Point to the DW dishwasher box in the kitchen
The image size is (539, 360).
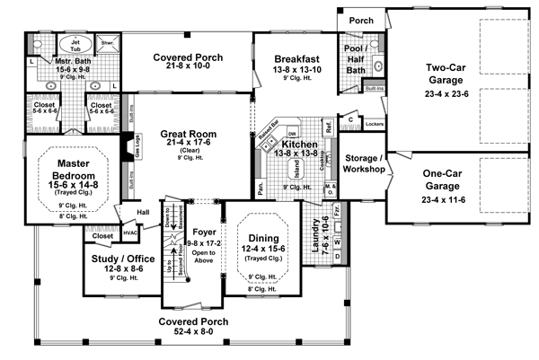click(293, 133)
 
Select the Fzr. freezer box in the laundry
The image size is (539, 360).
click(338, 213)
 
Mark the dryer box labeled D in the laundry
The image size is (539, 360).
click(338, 257)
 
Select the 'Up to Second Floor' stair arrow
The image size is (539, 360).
click(167, 266)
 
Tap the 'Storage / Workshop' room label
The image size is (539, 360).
click(364, 163)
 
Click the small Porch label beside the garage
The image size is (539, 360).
click(361, 20)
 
